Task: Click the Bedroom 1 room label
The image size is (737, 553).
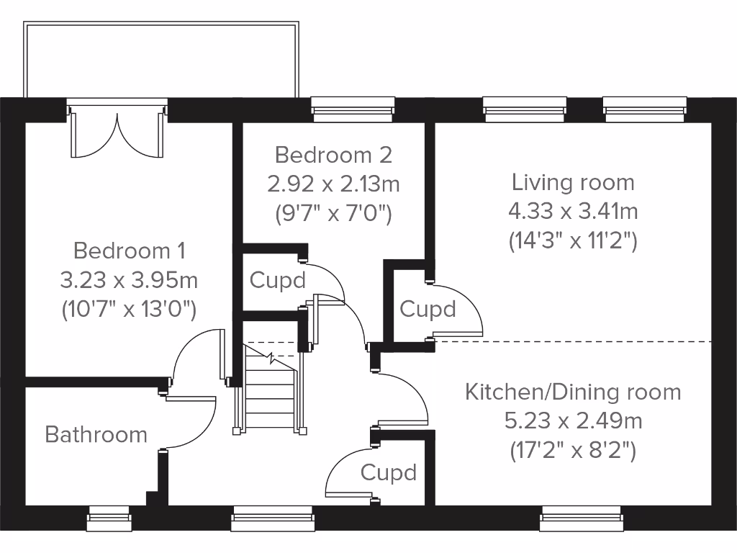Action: pos(130,251)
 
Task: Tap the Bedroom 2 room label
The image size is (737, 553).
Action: pos(333,155)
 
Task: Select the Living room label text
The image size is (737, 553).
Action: pos(573,182)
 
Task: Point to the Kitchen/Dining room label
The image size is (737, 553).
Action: pos(573,392)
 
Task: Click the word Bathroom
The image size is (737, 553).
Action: pos(96,435)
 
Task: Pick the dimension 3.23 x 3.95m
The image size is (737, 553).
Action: pos(130,279)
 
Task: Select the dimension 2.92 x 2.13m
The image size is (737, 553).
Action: pos(333,184)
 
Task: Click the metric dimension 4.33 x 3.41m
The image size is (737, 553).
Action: pos(573,211)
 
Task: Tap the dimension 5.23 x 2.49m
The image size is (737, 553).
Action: pos(573,421)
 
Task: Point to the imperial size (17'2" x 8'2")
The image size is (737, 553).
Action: pos(573,450)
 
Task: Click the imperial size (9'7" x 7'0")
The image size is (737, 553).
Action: pos(333,213)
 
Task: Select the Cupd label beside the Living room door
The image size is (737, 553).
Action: pos(428,310)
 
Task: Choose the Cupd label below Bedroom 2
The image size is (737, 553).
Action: pos(277,280)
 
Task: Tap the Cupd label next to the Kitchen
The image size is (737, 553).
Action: pos(389,473)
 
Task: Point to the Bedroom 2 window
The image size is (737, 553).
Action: pos(353,108)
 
